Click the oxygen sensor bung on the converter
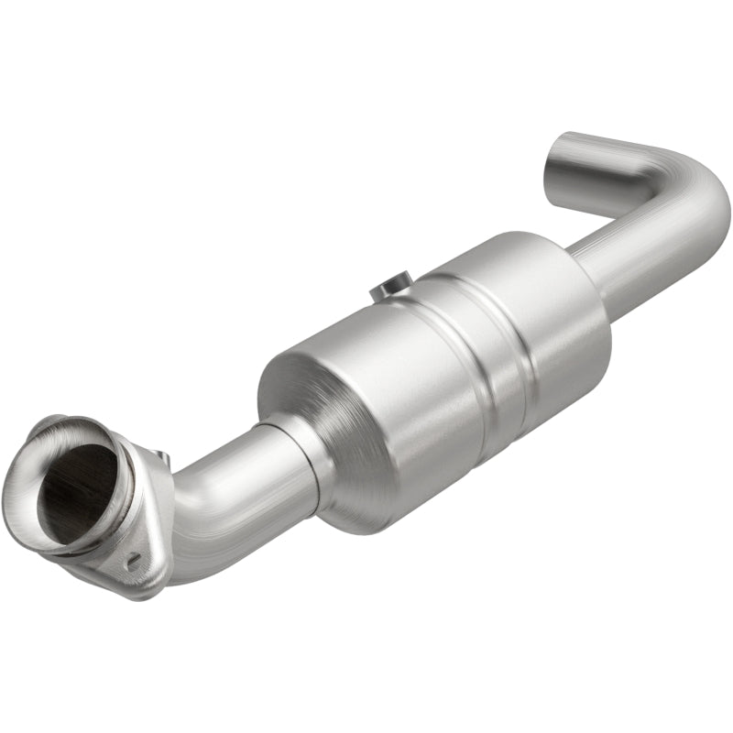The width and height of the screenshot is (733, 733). pyautogui.click(x=391, y=289)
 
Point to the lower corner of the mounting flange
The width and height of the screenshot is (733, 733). pyautogui.click(x=147, y=586)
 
